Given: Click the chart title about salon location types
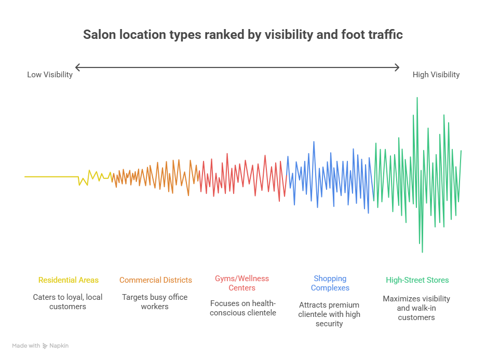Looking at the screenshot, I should (243, 35).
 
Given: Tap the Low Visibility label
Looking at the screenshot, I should (50, 75).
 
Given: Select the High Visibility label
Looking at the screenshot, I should (436, 75).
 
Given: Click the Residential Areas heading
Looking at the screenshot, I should (68, 280).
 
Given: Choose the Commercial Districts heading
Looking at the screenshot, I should (155, 280).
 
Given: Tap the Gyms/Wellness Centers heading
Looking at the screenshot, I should (242, 283).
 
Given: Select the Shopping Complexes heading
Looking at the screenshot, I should (330, 283).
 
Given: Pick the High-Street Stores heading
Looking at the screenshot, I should (417, 280).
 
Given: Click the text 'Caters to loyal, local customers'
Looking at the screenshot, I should (68, 302).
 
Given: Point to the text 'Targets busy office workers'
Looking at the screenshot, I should (155, 302).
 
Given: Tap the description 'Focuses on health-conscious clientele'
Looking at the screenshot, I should (242, 308).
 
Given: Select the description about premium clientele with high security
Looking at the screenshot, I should (329, 314).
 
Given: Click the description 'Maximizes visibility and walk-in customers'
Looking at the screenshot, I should (416, 308).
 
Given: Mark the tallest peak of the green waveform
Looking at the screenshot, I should (417, 98).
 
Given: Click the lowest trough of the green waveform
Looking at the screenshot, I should (422, 252).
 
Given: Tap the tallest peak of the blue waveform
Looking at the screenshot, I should (314, 142).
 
